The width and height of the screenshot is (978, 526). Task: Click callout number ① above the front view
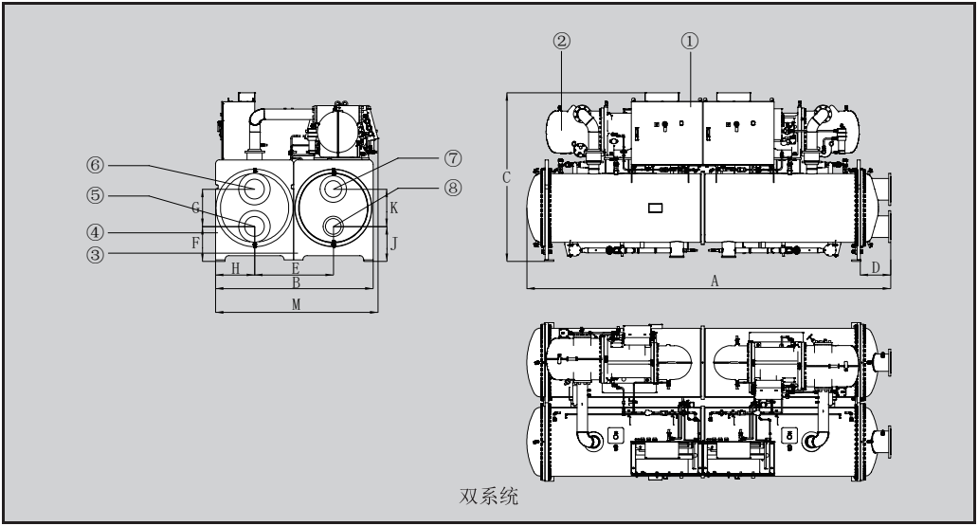point(689,41)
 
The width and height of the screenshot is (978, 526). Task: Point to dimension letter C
point(508,176)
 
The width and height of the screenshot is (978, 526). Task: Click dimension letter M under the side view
point(296,304)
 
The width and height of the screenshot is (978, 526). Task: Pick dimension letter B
point(296,282)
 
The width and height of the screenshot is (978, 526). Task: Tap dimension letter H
point(235,268)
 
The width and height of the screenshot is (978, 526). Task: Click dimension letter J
point(394,242)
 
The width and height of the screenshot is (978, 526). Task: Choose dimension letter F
point(195,243)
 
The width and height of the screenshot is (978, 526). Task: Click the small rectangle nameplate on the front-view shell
point(655,208)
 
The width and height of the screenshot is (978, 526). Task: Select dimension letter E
point(296,268)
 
